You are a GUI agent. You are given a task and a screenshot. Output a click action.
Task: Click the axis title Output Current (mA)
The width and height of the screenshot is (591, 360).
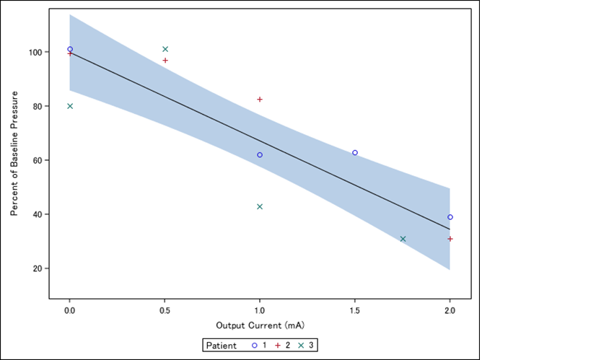pyautogui.click(x=260, y=326)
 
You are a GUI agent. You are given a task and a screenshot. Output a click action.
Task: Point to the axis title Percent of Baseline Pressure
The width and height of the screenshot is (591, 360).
pyautogui.click(x=14, y=154)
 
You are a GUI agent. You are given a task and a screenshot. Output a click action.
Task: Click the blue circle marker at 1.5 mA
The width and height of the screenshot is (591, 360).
pyautogui.click(x=355, y=153)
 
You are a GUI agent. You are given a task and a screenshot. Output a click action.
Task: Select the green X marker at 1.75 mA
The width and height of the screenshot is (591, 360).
pyautogui.click(x=403, y=239)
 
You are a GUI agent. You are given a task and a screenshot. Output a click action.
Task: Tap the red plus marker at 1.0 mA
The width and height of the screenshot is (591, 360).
pyautogui.click(x=260, y=100)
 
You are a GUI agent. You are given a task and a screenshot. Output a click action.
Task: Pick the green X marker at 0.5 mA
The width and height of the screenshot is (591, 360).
pyautogui.click(x=165, y=49)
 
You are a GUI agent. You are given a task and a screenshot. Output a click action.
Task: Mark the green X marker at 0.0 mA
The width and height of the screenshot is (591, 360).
pyautogui.click(x=70, y=106)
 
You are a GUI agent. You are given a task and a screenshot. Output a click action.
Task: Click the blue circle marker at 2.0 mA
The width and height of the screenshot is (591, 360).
pyautogui.click(x=450, y=217)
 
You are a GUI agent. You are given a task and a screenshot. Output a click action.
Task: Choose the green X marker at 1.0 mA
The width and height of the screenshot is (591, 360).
pyautogui.click(x=260, y=206)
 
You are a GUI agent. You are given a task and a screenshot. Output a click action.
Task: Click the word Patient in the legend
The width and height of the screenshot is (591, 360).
pyautogui.click(x=222, y=346)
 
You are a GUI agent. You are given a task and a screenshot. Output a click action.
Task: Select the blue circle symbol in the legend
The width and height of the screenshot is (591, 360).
pyautogui.click(x=254, y=346)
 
